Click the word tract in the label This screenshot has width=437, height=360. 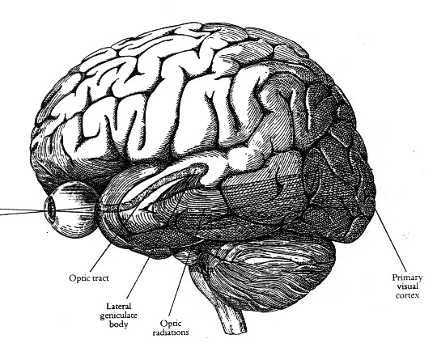100,278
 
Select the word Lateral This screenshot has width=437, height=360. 118,307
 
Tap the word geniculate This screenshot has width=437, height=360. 119,316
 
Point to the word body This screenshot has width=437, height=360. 118,324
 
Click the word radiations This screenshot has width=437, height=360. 171,332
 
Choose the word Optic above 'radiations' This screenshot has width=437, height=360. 171,324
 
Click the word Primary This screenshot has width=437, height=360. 407,277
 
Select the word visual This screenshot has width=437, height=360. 407,286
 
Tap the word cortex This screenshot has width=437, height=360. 407,295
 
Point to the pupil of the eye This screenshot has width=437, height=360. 51,209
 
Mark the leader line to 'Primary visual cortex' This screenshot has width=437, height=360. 390,242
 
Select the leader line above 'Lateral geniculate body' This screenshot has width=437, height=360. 138,278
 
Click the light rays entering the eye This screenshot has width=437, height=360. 23,212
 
